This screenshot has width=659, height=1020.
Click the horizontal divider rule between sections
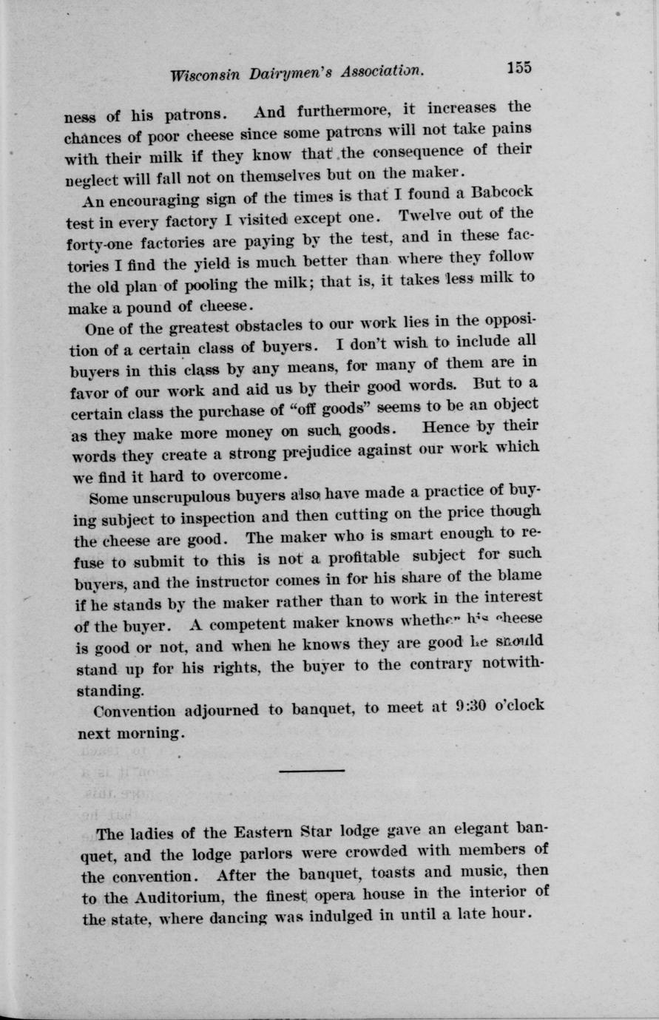pos(312,771)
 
